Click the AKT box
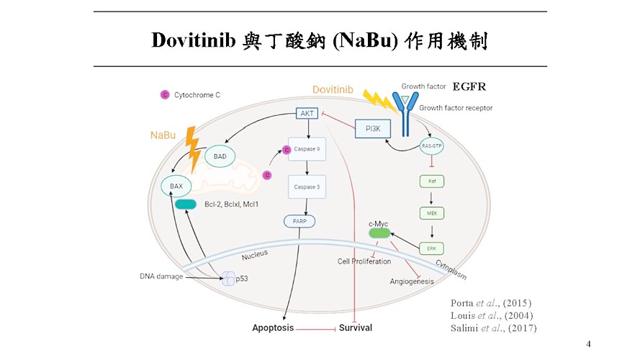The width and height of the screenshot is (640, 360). pyautogui.click(x=307, y=113)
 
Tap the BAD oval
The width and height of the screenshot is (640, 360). pyautogui.click(x=220, y=156)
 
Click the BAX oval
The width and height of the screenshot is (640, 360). pyautogui.click(x=176, y=186)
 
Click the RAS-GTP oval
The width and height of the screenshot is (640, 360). pyautogui.click(x=431, y=146)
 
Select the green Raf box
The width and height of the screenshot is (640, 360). pyautogui.click(x=431, y=181)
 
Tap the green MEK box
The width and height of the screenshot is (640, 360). pyautogui.click(x=431, y=213)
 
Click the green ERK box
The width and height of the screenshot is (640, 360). pyautogui.click(x=431, y=248)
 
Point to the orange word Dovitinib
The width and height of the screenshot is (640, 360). pyautogui.click(x=333, y=89)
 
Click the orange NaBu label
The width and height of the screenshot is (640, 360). pyautogui.click(x=163, y=135)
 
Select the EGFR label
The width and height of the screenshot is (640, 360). pyautogui.click(x=469, y=87)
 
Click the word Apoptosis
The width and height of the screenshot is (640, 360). pyautogui.click(x=273, y=328)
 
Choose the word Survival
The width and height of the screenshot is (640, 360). pyautogui.click(x=355, y=328)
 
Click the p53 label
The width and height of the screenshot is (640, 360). pyautogui.click(x=242, y=279)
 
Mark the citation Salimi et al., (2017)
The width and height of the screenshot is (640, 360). pyautogui.click(x=493, y=328)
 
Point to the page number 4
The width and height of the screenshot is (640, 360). pyautogui.click(x=588, y=344)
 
